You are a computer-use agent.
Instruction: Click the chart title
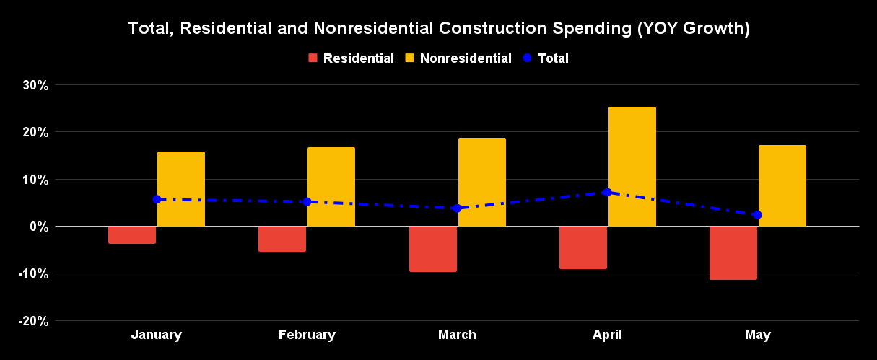click(438, 29)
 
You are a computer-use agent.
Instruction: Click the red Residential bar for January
click(132, 234)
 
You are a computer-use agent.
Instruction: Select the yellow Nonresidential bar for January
click(181, 189)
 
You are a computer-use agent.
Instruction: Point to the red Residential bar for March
click(433, 249)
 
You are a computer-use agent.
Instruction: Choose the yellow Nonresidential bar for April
click(632, 167)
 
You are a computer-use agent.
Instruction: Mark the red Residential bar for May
click(733, 253)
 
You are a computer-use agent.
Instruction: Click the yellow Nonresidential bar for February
click(331, 187)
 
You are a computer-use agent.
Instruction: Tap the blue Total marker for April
click(607, 193)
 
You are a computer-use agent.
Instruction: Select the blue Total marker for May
click(757, 215)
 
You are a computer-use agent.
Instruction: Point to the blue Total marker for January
click(157, 199)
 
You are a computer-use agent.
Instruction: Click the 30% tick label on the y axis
click(35, 85)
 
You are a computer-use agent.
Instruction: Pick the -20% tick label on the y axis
click(32, 321)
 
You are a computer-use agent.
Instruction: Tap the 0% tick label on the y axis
click(38, 227)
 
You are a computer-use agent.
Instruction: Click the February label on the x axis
click(307, 335)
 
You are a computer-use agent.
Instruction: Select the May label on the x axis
click(757, 335)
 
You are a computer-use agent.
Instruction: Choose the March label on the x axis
click(457, 335)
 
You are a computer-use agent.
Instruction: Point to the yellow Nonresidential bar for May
click(782, 185)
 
